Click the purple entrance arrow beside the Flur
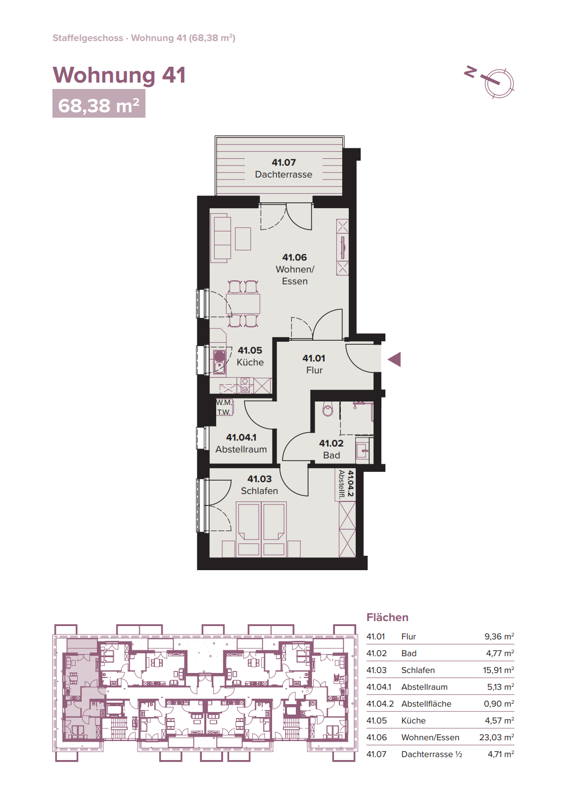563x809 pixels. tap(395, 360)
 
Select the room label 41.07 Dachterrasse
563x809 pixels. tap(283, 168)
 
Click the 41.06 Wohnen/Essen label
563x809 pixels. tap(294, 269)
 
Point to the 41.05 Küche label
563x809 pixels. tap(250, 356)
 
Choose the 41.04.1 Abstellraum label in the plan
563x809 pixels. tap(241, 443)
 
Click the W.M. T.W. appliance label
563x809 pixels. tap(224, 408)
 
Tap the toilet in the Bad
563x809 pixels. tap(328, 408)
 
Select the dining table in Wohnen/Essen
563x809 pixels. tap(243, 304)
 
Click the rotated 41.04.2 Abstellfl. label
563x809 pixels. tap(345, 484)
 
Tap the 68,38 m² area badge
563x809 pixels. tap(98, 104)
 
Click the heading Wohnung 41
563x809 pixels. tap(119, 75)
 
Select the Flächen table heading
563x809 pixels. tap(387, 617)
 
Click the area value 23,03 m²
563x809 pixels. tap(497, 737)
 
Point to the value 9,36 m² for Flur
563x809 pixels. tap(499, 636)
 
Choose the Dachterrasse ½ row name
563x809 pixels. tap(432, 754)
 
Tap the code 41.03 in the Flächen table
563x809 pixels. tap(376, 670)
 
